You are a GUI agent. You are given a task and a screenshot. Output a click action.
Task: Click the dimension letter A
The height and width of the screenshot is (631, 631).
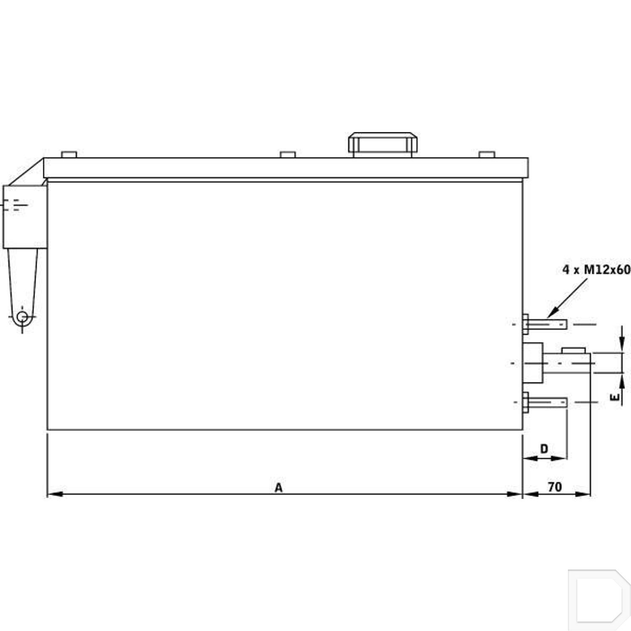278,488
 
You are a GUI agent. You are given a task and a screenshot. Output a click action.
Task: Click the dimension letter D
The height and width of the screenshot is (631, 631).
544,448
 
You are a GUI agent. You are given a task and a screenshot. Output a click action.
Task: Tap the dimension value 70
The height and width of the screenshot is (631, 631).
554,487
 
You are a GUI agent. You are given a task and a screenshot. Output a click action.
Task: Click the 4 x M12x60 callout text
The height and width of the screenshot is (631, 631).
596,269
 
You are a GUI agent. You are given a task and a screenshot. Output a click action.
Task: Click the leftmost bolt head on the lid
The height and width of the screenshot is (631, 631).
69,154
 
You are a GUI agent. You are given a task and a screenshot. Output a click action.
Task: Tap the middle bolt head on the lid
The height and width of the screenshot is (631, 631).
288,154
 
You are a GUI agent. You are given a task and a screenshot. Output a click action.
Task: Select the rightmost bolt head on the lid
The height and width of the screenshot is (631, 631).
487,154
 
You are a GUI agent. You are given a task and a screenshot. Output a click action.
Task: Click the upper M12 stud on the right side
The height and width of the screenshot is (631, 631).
547,324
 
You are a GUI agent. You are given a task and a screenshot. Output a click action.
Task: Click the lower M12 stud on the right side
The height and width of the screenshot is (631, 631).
547,403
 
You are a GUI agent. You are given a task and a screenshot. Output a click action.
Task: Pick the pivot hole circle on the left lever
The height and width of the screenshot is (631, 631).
22,316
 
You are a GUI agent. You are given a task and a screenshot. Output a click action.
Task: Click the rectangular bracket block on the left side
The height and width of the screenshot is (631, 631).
25,217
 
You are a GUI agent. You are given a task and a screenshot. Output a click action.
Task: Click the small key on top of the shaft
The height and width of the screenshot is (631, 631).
573,350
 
